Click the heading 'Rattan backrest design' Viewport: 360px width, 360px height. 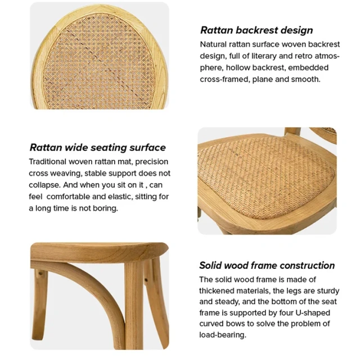point(256,30)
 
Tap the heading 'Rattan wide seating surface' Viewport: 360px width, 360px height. point(97,147)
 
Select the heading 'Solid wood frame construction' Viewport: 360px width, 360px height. point(267,265)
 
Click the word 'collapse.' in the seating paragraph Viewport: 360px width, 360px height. point(44,184)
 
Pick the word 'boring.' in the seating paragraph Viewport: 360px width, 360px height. point(105,208)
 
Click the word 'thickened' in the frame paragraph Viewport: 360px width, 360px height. point(218,291)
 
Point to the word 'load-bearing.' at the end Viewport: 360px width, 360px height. point(223,335)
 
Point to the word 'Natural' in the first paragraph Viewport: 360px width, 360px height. point(214,44)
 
